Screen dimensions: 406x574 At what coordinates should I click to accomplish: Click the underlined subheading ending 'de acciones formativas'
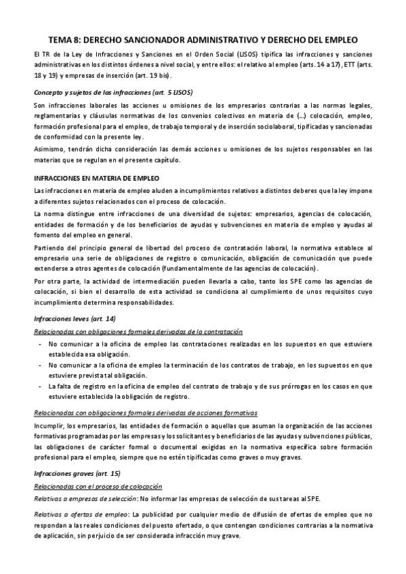[x=145, y=413]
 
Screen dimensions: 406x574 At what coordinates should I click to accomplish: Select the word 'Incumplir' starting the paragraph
[x=48, y=426]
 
